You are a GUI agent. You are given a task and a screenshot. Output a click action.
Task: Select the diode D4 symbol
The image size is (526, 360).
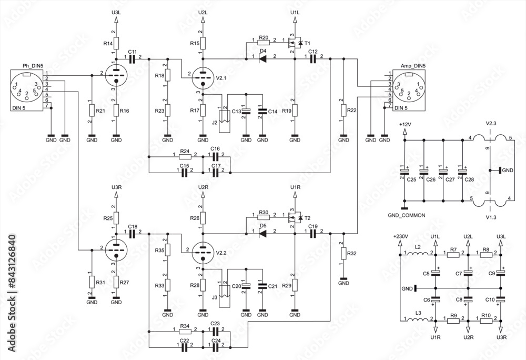(x=263, y=59)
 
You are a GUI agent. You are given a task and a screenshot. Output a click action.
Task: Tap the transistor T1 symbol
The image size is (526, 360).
(x=294, y=43)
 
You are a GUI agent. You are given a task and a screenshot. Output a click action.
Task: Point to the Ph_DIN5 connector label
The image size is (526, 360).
(x=33, y=65)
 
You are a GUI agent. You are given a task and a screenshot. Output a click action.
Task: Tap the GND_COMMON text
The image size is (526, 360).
(x=407, y=215)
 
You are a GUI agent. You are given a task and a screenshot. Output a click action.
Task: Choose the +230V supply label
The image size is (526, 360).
(x=400, y=237)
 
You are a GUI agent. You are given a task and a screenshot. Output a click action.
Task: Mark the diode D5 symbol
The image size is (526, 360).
(x=263, y=233)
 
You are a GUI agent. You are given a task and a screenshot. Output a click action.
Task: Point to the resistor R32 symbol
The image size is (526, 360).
(x=343, y=254)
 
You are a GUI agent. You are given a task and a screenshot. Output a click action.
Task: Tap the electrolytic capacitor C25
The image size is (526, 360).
(x=404, y=171)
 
